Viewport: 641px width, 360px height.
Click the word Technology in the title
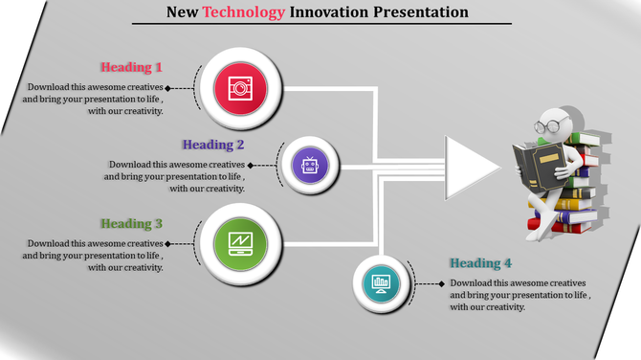244,12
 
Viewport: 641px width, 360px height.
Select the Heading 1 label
131,67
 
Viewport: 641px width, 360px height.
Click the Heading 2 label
213,145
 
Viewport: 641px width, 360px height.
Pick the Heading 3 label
131,224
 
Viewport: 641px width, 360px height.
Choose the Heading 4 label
480,263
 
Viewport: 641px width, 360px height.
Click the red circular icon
240,88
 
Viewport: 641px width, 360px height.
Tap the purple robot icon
309,166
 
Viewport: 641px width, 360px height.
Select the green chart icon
240,244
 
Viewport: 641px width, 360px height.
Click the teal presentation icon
381,283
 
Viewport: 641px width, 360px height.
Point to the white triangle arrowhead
470,167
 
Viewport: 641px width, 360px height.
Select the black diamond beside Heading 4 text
441,283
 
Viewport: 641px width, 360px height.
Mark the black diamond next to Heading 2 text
250,165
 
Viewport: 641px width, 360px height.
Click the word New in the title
182,12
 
